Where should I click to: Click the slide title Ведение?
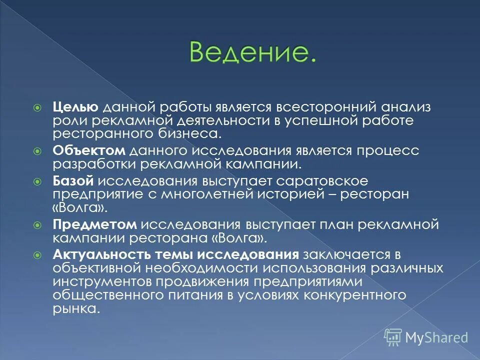click(252, 52)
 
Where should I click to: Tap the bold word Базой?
click(73, 181)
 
